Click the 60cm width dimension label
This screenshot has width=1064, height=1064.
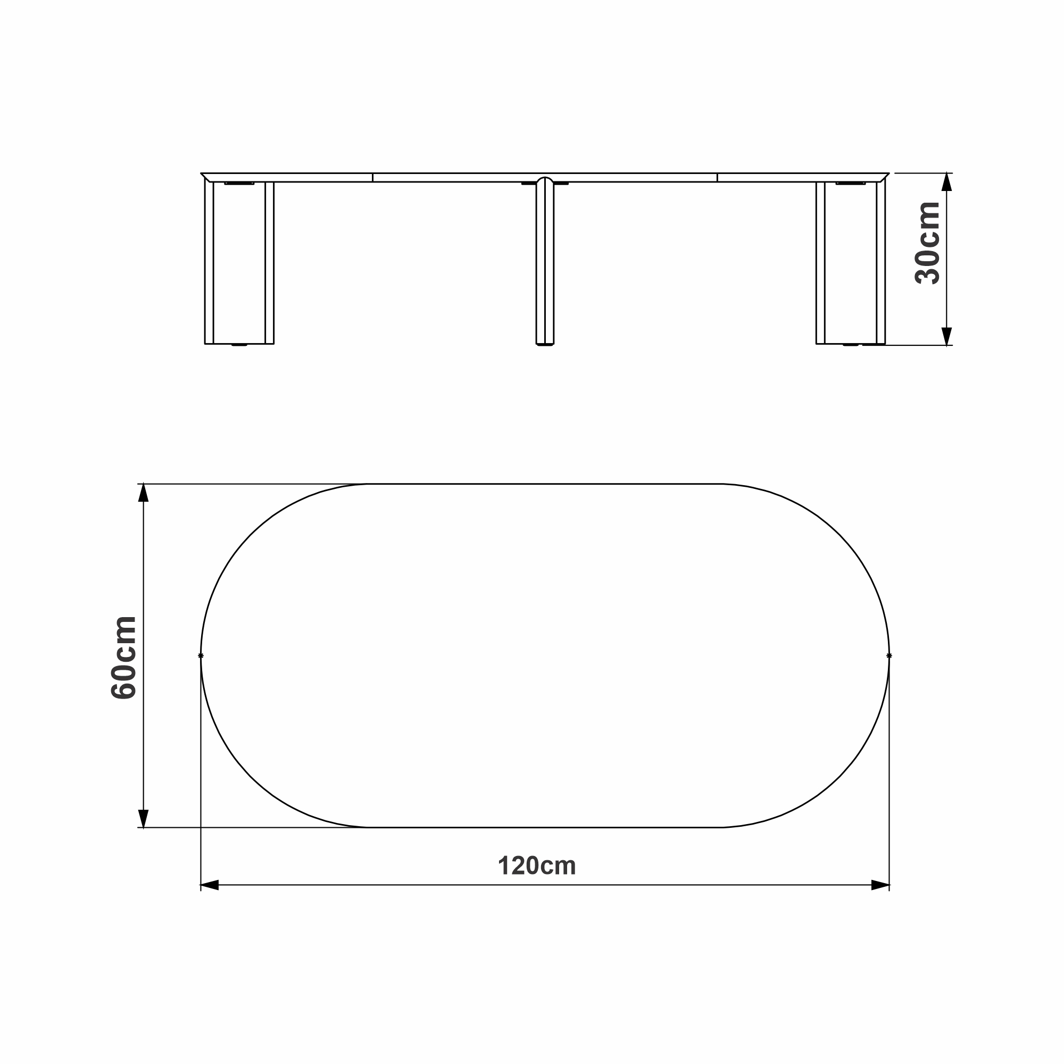[123, 658]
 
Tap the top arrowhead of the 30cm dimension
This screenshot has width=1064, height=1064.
[947, 182]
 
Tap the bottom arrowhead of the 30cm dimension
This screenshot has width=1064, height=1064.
[947, 337]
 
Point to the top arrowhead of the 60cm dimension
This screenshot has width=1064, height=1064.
[143, 493]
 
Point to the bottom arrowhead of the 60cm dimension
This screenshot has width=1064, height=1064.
[143, 818]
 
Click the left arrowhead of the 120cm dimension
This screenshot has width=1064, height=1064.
[210, 885]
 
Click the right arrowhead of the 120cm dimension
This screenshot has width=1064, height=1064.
[880, 885]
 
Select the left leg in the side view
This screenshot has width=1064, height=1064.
[239, 263]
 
